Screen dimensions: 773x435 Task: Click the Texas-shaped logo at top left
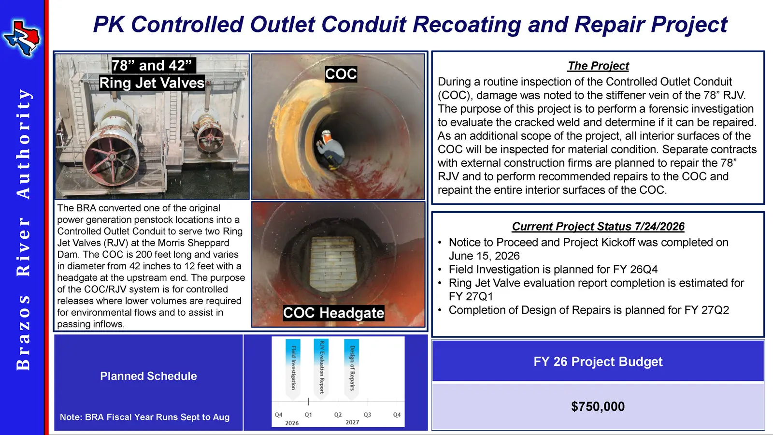[x=21, y=39]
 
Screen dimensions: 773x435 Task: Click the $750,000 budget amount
[x=598, y=406]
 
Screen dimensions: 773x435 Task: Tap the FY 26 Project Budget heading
[x=598, y=362]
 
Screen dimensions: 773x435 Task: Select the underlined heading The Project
[x=599, y=66]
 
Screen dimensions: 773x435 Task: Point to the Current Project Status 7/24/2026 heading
[x=598, y=226]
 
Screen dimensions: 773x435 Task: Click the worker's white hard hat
[x=326, y=133]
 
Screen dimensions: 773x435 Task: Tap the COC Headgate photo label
[x=333, y=313]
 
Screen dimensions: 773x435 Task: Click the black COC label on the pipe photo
[x=341, y=74]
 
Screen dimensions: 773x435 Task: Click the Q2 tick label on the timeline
[x=338, y=415]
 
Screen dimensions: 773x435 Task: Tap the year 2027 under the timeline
[x=352, y=422]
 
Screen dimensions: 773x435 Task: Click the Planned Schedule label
[x=148, y=376]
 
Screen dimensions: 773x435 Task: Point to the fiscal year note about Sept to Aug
[x=144, y=417]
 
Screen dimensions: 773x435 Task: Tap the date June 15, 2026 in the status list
[x=484, y=256]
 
